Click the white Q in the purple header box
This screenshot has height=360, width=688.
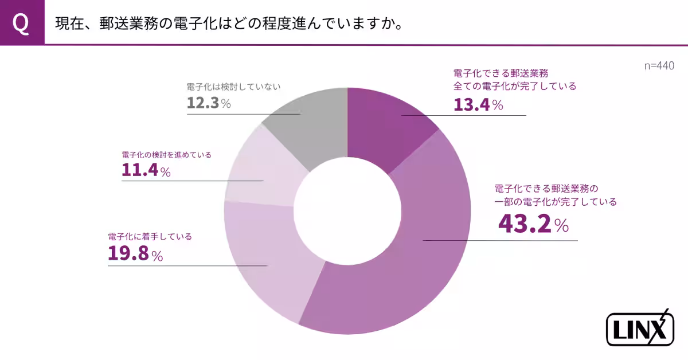21,24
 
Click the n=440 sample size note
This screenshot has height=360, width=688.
659,66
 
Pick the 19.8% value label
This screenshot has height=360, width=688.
135,254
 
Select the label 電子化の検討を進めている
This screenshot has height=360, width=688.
167,155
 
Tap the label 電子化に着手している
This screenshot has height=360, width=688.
150,236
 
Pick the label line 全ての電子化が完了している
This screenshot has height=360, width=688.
514,87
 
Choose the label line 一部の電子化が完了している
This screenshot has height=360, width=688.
555,202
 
